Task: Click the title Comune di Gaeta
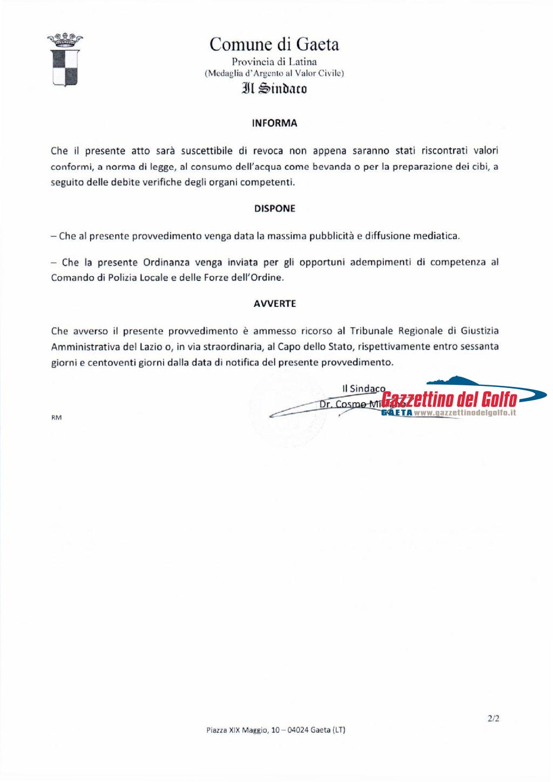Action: coord(274,44)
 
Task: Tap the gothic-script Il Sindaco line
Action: coord(274,88)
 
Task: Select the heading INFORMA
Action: coord(274,123)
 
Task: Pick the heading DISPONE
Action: coord(274,209)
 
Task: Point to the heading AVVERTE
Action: coord(274,304)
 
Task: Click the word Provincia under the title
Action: coord(252,62)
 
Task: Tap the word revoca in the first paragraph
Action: coord(268,151)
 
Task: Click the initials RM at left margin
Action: coord(56,418)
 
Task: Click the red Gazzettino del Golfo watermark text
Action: coord(449,399)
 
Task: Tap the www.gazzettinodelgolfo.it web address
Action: coord(465,413)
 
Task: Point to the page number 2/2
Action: coord(493,719)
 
